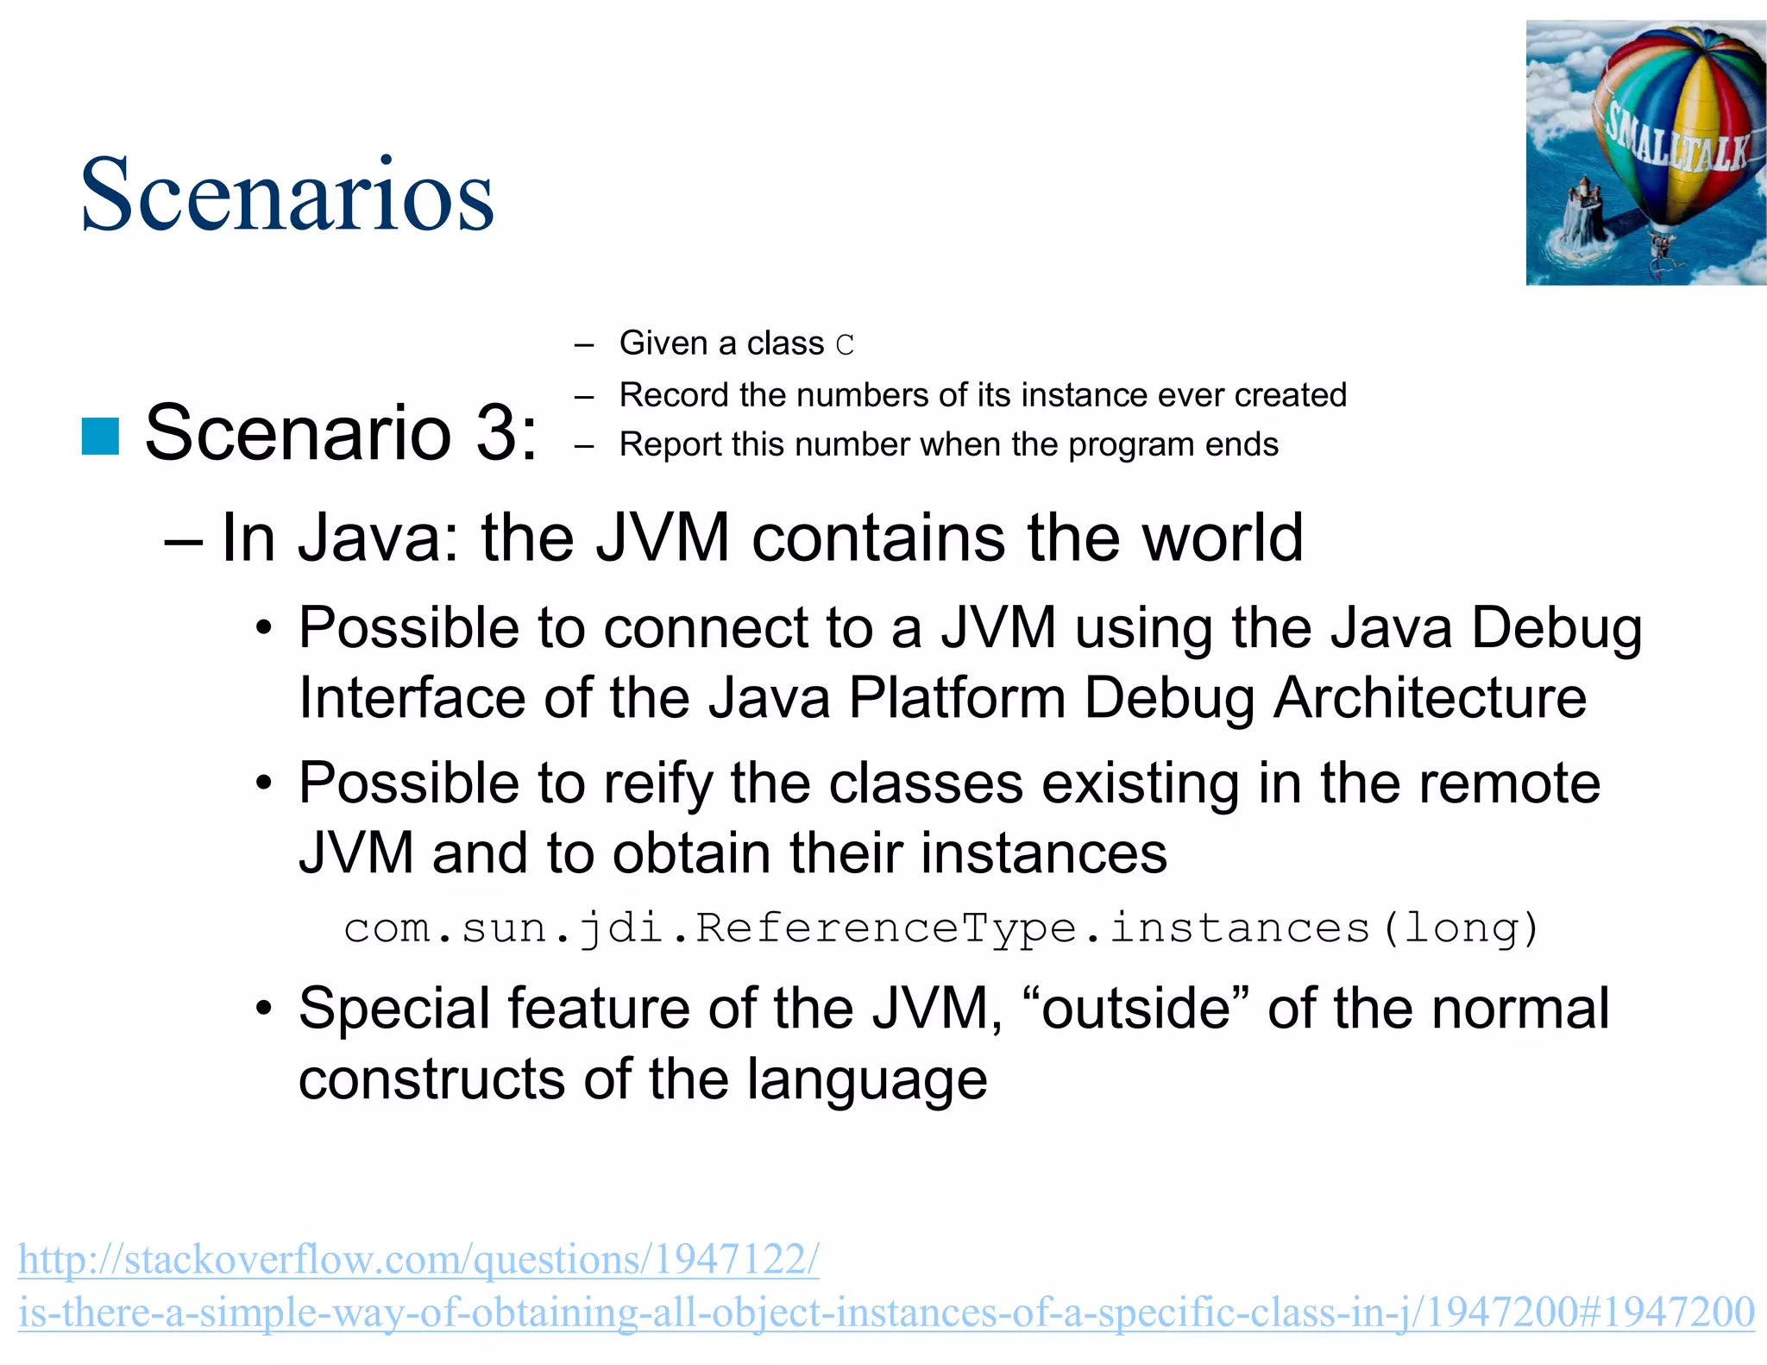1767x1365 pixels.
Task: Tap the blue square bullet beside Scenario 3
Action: coord(100,436)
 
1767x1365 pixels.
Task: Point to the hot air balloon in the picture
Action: coord(1674,129)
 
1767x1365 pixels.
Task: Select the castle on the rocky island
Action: coord(1583,211)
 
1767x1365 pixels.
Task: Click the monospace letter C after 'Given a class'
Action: coord(845,345)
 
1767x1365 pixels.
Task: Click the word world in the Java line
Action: coord(1223,538)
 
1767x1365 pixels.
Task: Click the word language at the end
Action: coord(866,1079)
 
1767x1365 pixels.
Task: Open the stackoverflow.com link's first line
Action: coord(418,1260)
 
